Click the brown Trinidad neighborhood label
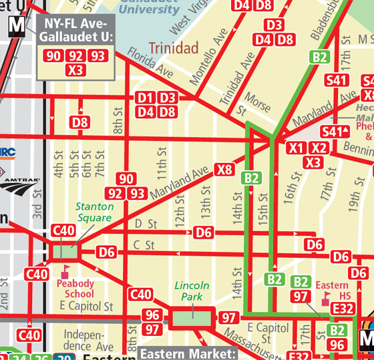(x=174, y=48)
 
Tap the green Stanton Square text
(x=94, y=212)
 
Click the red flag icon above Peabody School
(x=65, y=271)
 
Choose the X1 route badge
(x=296, y=148)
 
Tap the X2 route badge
(x=320, y=148)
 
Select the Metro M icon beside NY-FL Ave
(x=18, y=27)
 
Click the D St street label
(x=146, y=223)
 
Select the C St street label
(x=144, y=245)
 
